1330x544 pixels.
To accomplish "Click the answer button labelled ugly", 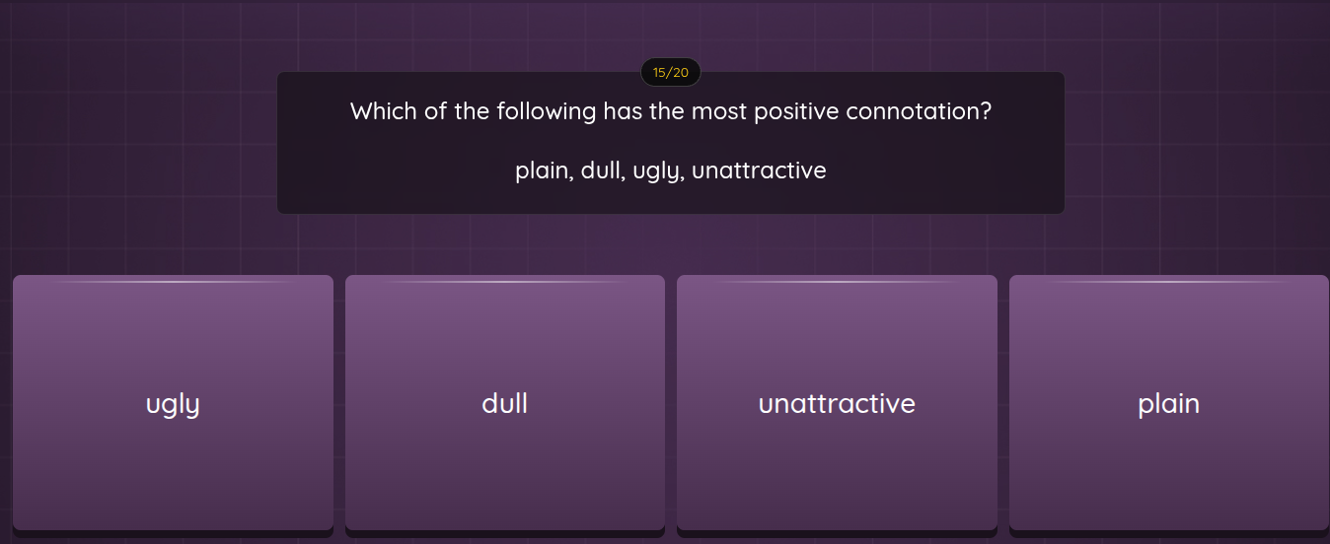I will pos(173,404).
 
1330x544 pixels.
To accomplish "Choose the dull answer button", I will pos(504,404).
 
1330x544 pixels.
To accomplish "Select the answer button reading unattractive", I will pos(837,404).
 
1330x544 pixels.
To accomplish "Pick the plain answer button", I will pos(1168,404).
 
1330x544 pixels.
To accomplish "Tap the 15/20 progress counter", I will pos(671,72).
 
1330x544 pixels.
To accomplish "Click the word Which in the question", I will pos(384,111).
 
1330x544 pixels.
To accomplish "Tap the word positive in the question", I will pos(796,111).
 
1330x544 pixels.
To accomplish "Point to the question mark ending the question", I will pos(985,111).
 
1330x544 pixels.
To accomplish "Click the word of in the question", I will pos(435,111).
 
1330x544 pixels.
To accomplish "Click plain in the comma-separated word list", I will pos(541,171).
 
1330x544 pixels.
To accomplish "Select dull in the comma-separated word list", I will pos(600,171).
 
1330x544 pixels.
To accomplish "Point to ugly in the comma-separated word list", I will pos(655,171).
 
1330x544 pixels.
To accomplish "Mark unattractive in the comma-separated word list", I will pos(759,171).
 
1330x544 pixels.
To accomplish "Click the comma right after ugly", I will pos(682,177).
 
